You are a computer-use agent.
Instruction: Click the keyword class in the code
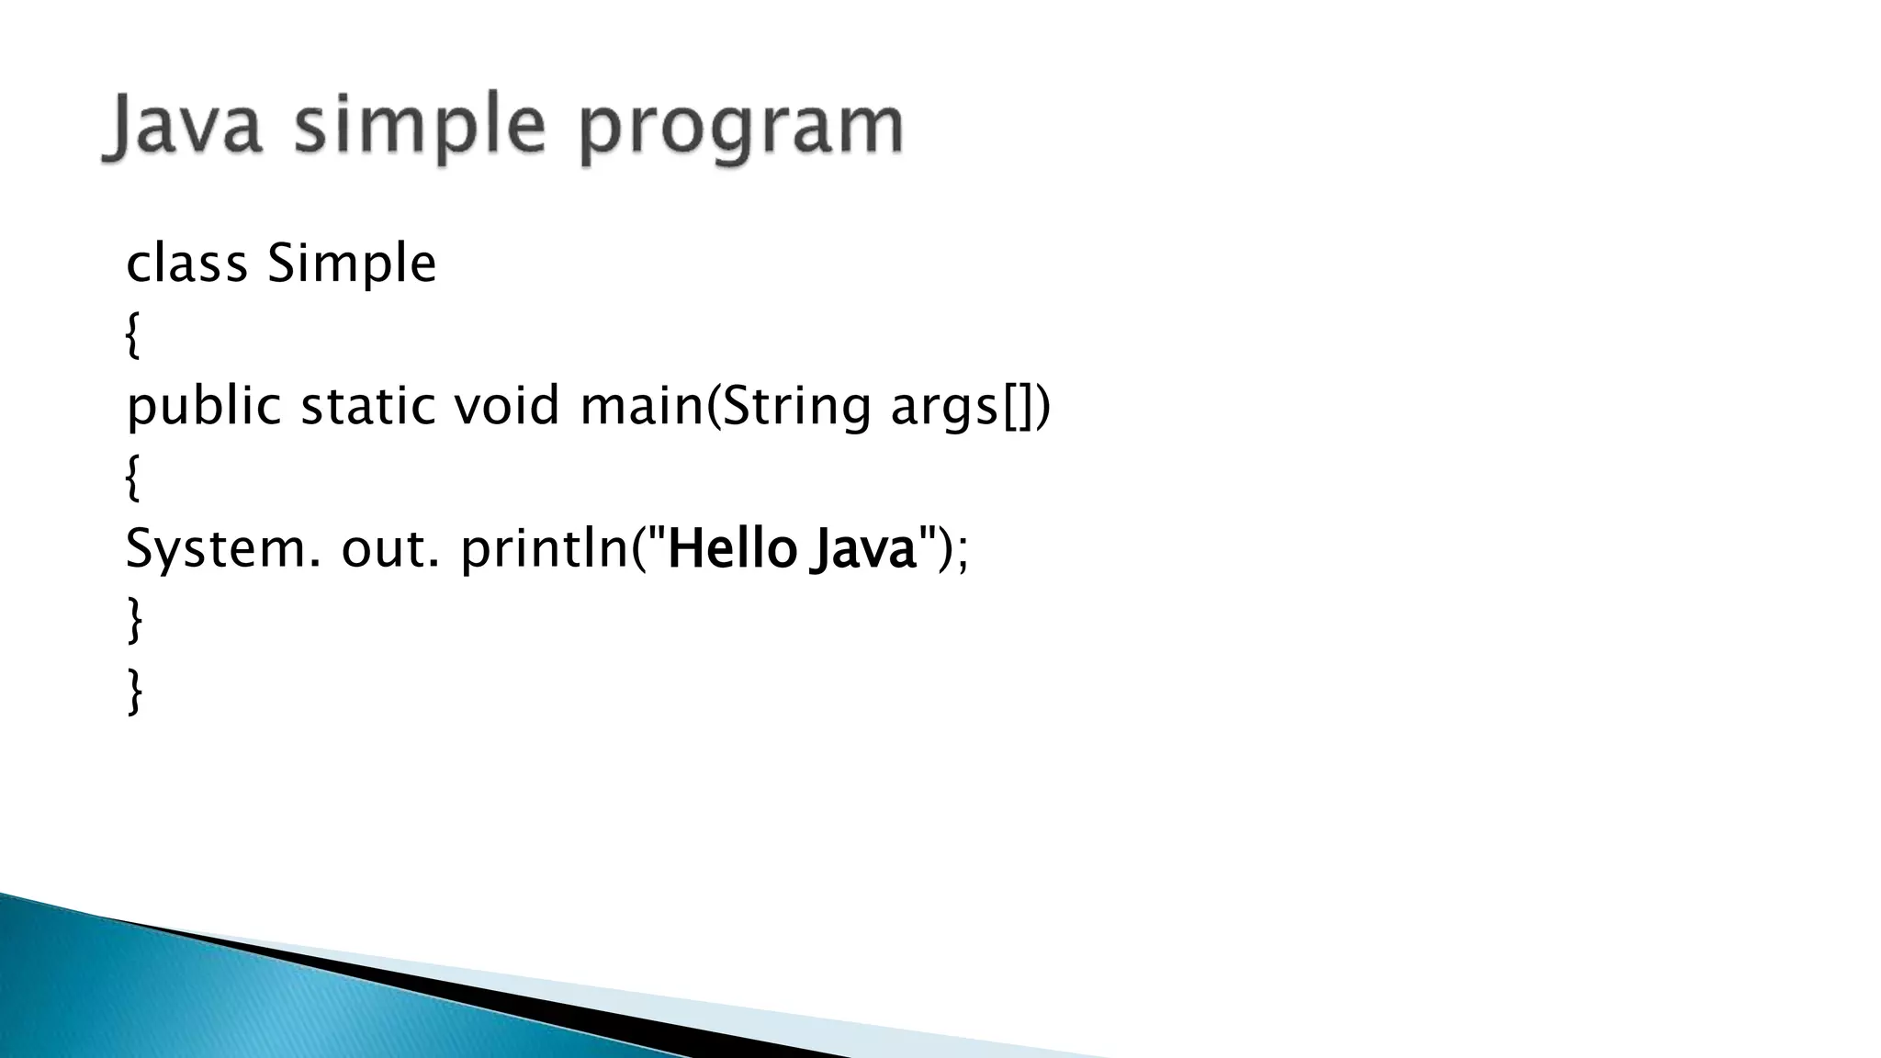tap(186, 264)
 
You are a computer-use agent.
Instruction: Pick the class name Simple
tap(351, 264)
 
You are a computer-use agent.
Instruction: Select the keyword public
tap(203, 406)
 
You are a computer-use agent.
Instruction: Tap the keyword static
tap(368, 406)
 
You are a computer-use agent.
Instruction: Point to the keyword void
tap(506, 406)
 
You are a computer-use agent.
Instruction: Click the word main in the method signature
tap(641, 406)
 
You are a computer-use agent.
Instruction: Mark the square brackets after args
tap(1017, 406)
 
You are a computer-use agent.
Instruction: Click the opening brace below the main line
tap(133, 478)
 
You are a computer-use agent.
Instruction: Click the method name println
tap(544, 549)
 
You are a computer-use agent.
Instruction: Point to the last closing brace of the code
tap(134, 691)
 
